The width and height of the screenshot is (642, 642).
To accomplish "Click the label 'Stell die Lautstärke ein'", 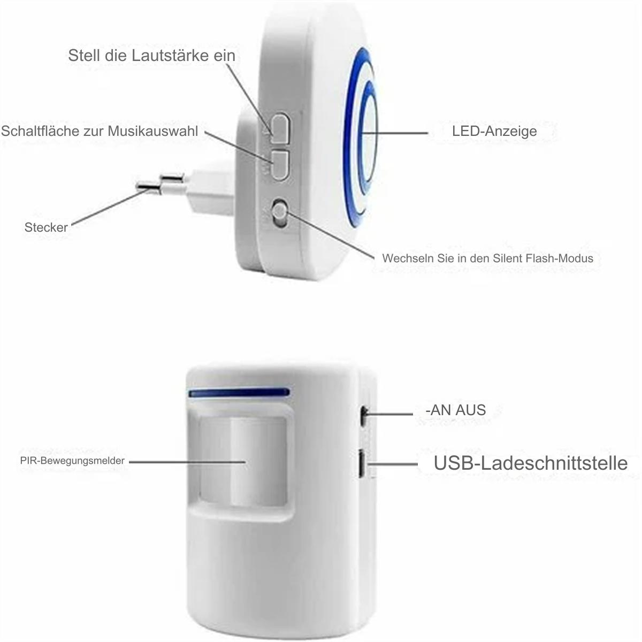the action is pos(151,55).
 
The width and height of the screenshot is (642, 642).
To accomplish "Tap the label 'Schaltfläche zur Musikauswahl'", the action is pos(100,131).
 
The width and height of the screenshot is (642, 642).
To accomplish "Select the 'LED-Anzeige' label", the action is pos(494,131).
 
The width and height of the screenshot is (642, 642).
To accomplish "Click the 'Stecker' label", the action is pos(46,227).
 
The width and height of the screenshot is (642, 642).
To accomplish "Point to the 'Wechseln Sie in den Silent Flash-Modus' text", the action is pos(487,258).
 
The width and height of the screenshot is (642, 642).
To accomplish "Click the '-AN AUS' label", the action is pos(456,410).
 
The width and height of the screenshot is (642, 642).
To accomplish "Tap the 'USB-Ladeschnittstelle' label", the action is pos(530,463).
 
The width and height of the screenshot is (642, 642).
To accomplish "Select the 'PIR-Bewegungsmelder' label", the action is pos(72,461).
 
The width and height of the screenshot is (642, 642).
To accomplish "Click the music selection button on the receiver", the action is pos(279,165).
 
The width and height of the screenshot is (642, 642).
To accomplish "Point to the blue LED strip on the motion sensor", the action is pos(239,392).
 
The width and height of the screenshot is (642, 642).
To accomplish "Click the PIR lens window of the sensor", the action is pos(243,461).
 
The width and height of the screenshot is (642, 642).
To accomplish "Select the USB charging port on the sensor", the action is pos(362,464).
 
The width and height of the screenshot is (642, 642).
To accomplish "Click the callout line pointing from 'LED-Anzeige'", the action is pos(395,133).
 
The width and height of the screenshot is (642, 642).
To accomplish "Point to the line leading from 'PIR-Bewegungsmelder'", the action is pos(187,462).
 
